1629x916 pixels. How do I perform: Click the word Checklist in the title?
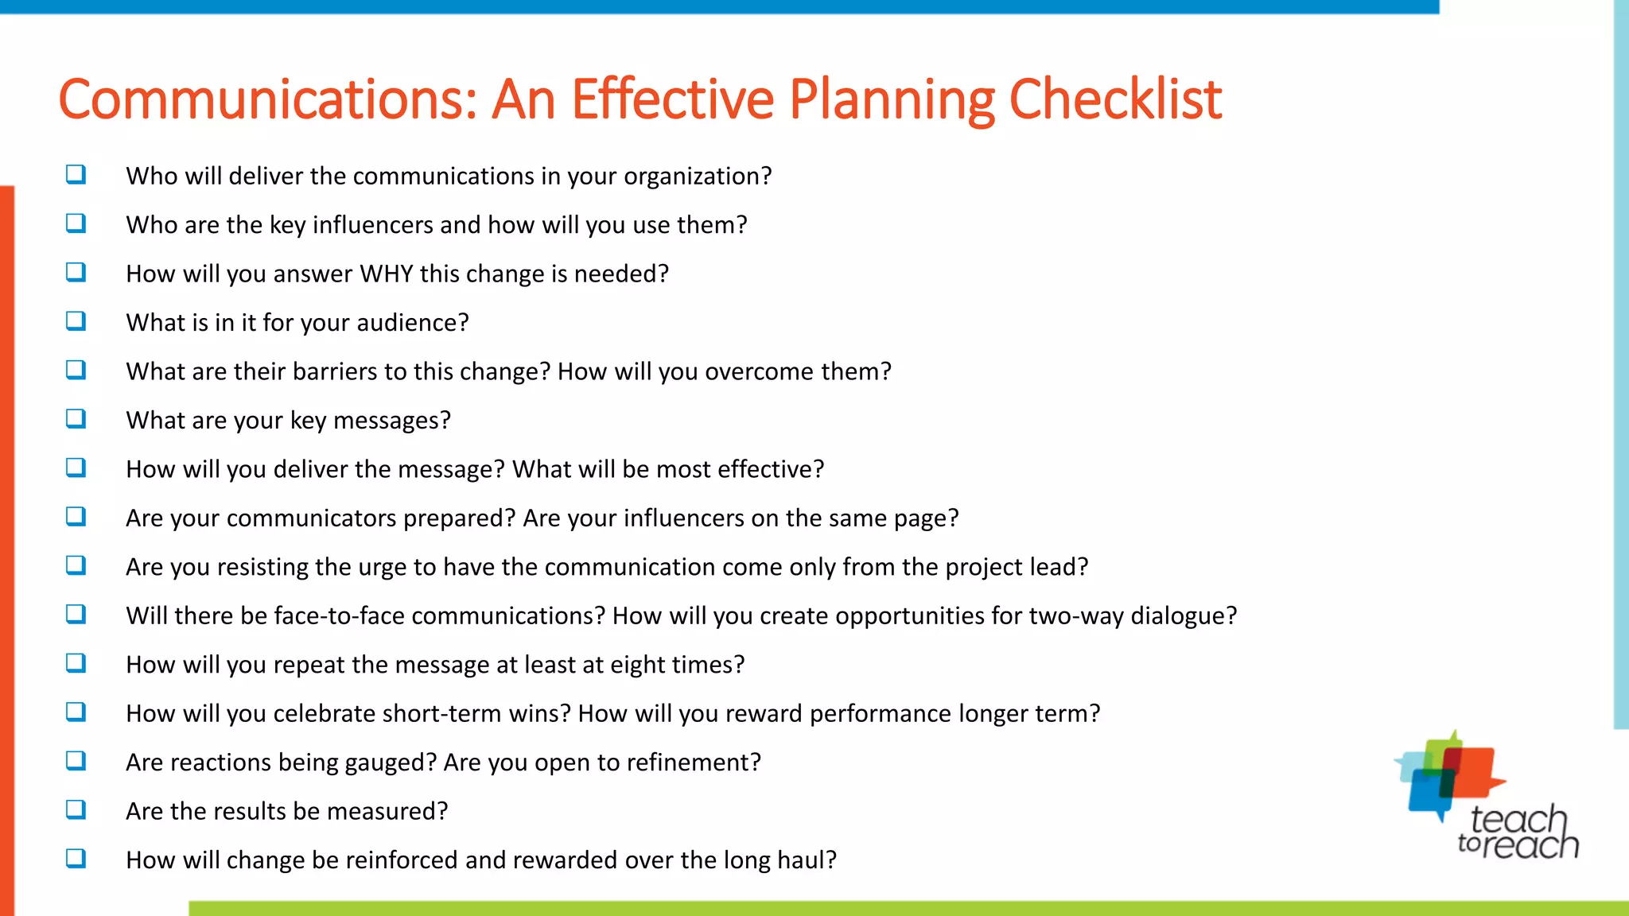[x=1115, y=99]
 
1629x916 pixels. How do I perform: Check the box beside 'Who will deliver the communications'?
[x=76, y=174]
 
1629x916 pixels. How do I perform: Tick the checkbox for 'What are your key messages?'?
[x=76, y=418]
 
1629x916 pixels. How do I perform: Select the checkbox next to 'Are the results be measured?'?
[x=76, y=809]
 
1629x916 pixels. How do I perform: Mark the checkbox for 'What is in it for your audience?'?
[x=76, y=320]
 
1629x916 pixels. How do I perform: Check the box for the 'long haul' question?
[x=76, y=858]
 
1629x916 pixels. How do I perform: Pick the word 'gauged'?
[x=387, y=763]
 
